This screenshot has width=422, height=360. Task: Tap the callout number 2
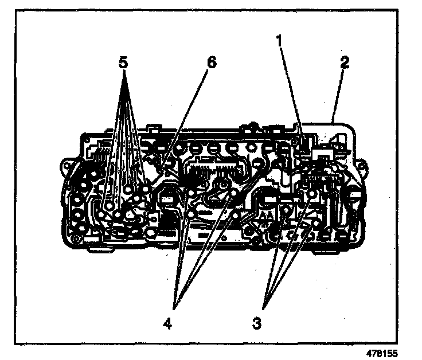point(345,62)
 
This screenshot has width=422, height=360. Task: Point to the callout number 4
point(167,323)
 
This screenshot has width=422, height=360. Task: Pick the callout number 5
point(122,62)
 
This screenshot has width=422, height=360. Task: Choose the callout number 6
point(212,62)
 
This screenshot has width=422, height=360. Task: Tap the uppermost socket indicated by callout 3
point(311,195)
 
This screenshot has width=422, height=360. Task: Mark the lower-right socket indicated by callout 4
point(236,217)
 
